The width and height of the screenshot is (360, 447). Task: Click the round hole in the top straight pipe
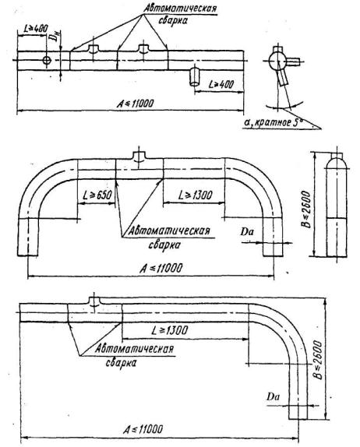pyautogui.click(x=47, y=60)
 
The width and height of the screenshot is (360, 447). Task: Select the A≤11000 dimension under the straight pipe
pyautogui.click(x=136, y=104)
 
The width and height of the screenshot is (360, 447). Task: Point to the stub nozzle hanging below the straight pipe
pyautogui.click(x=195, y=76)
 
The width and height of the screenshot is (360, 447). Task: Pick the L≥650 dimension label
pyautogui.click(x=97, y=195)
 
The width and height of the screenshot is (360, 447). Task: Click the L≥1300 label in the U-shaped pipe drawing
pyautogui.click(x=196, y=195)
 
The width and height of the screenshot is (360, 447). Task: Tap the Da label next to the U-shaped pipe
pyautogui.click(x=246, y=232)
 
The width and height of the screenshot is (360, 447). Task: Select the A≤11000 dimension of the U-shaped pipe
pyautogui.click(x=161, y=268)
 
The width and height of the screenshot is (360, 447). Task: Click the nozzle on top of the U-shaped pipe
pyautogui.click(x=139, y=156)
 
